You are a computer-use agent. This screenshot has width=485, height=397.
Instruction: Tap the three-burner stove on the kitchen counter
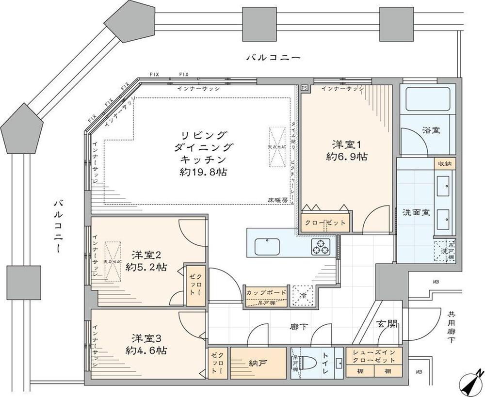click(321, 247)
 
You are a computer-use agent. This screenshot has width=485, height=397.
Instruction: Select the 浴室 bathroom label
click(431, 130)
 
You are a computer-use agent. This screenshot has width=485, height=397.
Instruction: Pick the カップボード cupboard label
click(266, 293)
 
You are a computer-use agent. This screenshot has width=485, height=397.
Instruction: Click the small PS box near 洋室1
click(304, 88)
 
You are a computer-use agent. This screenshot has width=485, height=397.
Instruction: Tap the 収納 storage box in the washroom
click(445, 164)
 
